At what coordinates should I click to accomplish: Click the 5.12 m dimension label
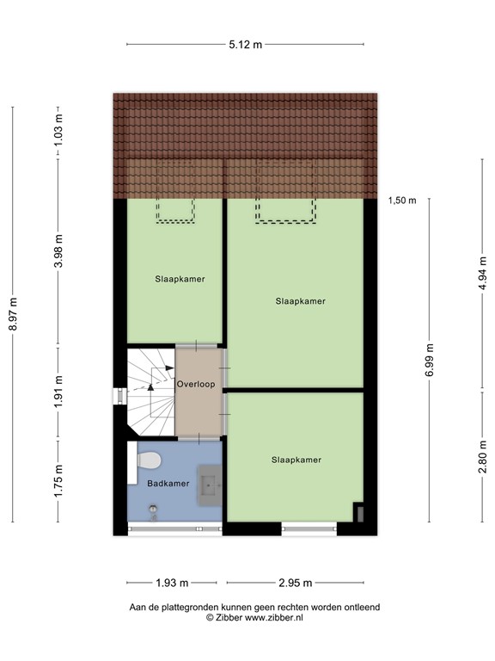pos(246,45)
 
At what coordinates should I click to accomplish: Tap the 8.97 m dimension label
pos(13,314)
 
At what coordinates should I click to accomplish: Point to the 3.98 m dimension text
pos(58,251)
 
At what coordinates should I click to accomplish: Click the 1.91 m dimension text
pos(58,392)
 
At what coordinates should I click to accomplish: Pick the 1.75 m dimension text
pos(58,481)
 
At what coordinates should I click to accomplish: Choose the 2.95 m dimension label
pos(295,583)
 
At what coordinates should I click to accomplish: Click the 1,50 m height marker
pos(401,201)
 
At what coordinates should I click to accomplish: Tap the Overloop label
pos(195,384)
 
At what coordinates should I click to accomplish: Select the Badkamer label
pos(168,484)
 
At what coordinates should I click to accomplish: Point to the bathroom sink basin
pos(210,486)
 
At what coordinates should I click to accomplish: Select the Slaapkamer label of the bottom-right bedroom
pos(296,460)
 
